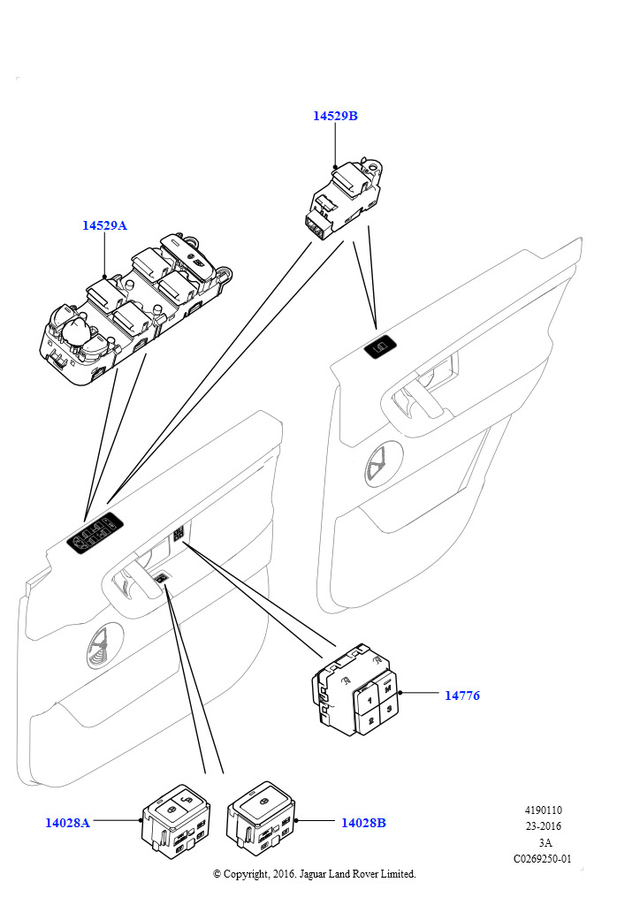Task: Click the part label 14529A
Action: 104,225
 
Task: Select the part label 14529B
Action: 335,116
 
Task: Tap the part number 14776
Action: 462,696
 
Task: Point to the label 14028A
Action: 67,823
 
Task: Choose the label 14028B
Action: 363,823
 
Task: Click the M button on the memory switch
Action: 388,688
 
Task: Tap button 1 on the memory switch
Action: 370,700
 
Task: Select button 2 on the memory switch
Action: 371,721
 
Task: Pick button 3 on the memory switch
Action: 390,708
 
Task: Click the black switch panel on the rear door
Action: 382,346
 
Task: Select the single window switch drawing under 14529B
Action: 344,196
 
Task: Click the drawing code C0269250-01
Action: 543,858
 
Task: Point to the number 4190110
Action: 543,810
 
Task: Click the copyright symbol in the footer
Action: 217,874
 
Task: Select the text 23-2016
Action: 543,826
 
